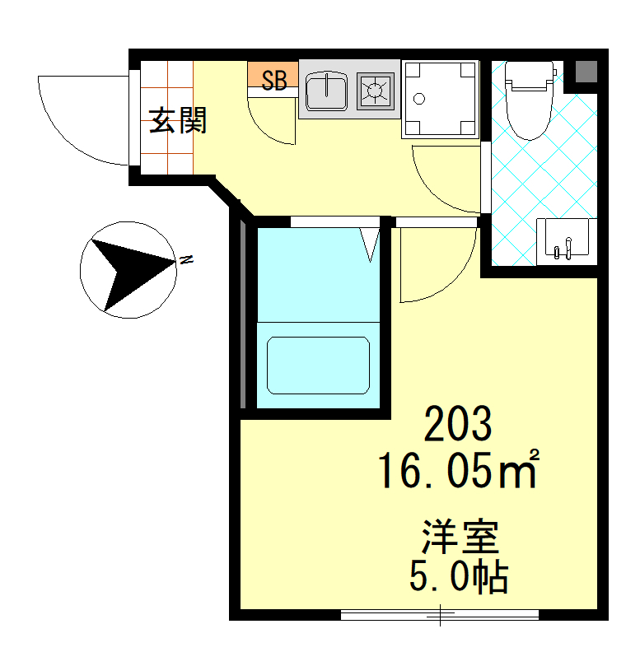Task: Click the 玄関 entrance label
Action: point(178,120)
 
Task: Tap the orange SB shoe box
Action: point(273,74)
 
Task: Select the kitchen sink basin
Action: point(326,91)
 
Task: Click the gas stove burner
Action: point(375,91)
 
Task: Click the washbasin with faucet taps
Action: point(567,241)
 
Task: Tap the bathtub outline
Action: point(318,365)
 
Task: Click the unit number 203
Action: point(458,424)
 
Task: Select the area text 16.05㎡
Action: point(459,469)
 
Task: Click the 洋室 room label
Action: point(460,537)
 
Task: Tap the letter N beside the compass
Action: point(186,260)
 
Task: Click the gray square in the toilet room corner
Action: point(586,72)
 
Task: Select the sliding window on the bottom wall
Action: point(439,615)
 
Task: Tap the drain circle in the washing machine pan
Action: point(419,99)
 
